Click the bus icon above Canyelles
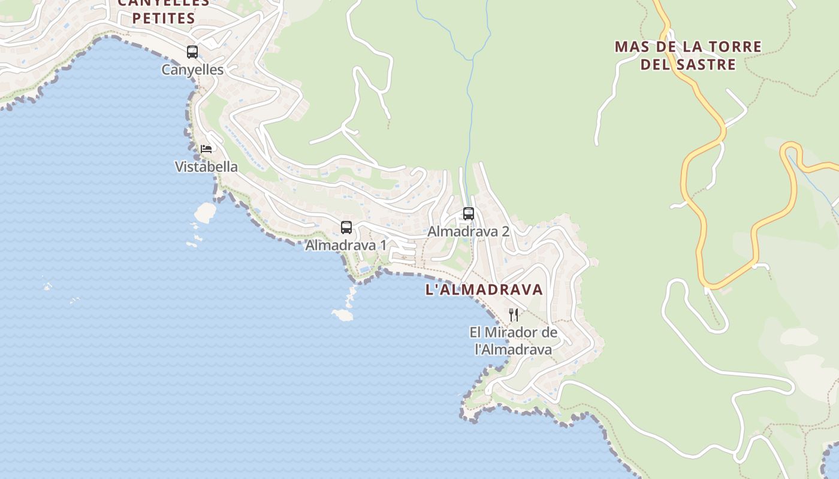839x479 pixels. [192, 52]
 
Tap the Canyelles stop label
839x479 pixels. [192, 70]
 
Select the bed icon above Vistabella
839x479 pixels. [206, 148]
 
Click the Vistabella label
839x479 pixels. [206, 167]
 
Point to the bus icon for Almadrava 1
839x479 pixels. [346, 228]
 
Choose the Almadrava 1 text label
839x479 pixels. [346, 245]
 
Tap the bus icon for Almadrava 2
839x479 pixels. [469, 214]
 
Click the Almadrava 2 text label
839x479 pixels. [468, 232]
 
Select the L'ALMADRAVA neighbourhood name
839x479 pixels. [484, 290]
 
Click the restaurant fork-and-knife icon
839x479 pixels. [514, 315]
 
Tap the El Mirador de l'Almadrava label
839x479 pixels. [514, 341]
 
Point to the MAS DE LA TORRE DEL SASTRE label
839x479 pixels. [688, 55]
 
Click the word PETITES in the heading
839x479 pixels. [164, 19]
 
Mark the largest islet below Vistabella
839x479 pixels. [206, 212]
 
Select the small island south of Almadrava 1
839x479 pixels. [342, 314]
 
